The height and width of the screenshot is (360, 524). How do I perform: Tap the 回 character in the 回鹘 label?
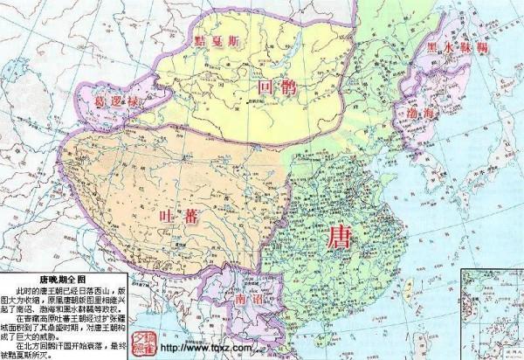(x=267, y=87)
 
